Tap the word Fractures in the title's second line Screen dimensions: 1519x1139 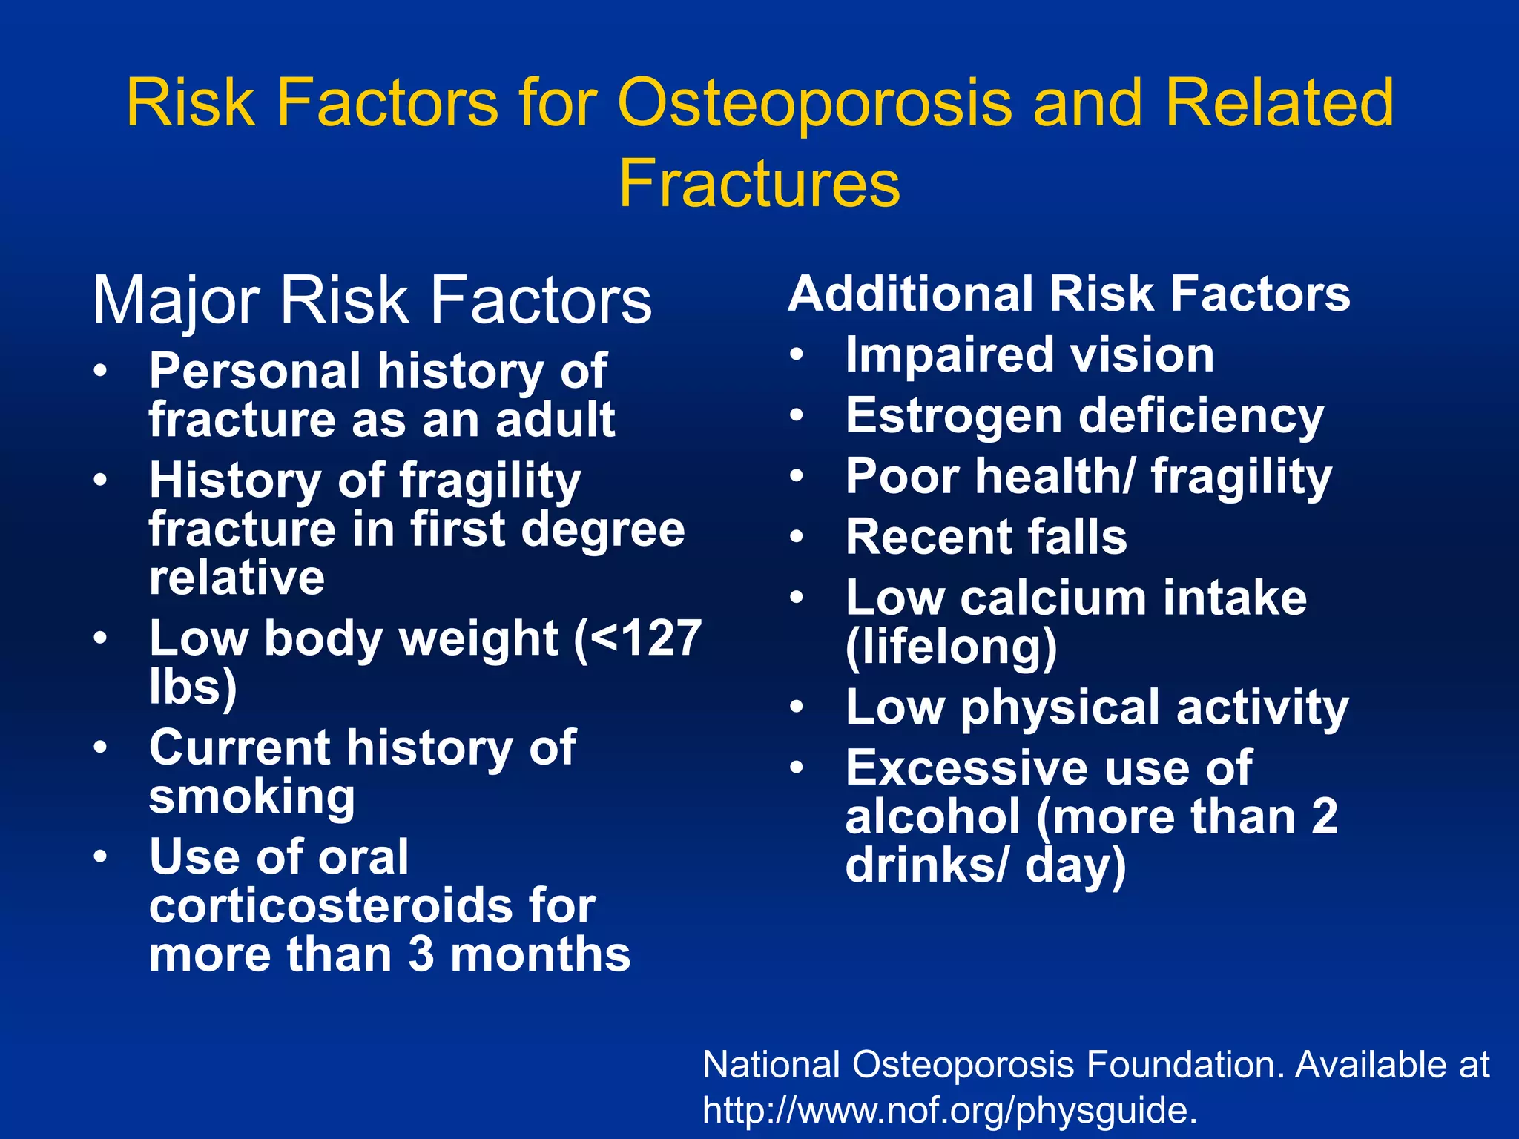tap(759, 183)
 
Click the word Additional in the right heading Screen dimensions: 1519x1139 tap(911, 294)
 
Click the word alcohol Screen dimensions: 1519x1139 tap(933, 816)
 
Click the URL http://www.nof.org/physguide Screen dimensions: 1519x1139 tap(950, 1111)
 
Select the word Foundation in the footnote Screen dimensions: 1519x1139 tap(1184, 1065)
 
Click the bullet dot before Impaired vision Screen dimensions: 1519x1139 tap(797, 354)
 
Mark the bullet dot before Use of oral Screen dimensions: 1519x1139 tap(100, 856)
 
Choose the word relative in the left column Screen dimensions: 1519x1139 tap(237, 578)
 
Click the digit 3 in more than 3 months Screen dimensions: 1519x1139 tap(421, 954)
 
